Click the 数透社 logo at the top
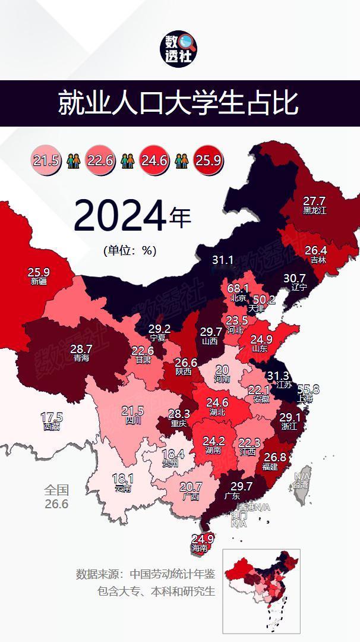180,49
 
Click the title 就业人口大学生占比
178,103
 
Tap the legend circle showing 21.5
46,160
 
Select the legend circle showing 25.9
208,160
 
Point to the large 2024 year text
119,216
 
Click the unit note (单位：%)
130,250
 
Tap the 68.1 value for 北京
238,289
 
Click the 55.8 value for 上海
308,390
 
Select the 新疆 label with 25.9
39,276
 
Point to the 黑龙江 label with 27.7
314,204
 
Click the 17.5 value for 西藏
51,417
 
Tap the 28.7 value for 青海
81,349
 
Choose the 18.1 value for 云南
123,479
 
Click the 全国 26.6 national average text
56,497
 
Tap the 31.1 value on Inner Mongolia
223,260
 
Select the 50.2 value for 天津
264,300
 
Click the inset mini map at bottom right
261,590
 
